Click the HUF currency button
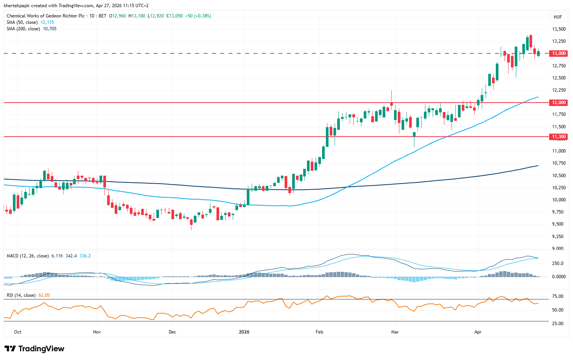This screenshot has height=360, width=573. (x=557, y=17)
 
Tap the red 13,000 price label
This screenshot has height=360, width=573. (x=559, y=53)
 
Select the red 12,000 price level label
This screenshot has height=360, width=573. (x=559, y=103)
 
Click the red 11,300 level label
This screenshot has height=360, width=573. (x=559, y=137)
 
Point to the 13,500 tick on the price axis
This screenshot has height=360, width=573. (x=559, y=29)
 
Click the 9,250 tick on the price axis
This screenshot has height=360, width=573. (x=559, y=237)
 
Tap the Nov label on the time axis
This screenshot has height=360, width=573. (x=97, y=332)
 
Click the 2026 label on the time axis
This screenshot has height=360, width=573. (x=244, y=332)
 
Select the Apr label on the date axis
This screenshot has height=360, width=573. (x=478, y=332)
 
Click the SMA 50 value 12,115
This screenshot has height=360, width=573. (x=47, y=22)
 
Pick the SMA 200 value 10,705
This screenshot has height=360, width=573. (x=50, y=29)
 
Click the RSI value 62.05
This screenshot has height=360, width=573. (x=44, y=295)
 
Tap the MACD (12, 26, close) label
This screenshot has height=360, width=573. (x=28, y=256)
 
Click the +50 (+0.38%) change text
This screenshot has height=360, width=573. (x=198, y=16)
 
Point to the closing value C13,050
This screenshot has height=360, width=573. (x=176, y=16)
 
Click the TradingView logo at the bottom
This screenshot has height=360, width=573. (x=34, y=349)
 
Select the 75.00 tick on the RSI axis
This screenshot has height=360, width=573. (x=558, y=296)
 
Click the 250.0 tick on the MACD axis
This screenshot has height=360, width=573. (x=558, y=263)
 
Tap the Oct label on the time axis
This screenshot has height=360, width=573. (x=17, y=332)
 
